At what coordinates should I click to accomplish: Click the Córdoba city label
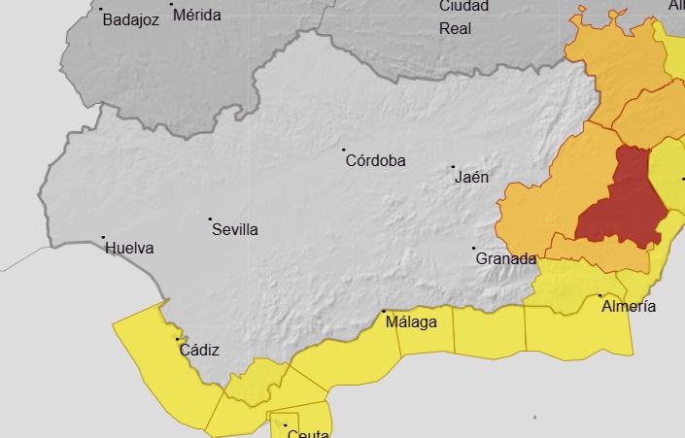click(376, 161)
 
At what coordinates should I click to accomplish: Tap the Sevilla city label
click(235, 230)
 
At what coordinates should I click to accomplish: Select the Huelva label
click(129, 248)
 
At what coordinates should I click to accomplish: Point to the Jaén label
click(471, 178)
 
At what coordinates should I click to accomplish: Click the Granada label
click(505, 259)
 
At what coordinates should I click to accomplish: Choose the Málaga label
click(411, 322)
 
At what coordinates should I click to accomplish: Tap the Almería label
click(629, 307)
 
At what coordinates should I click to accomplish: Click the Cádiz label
click(199, 351)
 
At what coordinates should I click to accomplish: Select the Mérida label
click(199, 15)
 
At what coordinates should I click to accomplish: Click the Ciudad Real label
click(456, 17)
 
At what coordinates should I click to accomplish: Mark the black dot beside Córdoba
click(344, 151)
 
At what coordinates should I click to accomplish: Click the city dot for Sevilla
click(211, 219)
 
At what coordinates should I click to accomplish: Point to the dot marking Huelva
click(104, 237)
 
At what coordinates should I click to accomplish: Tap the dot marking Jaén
click(454, 167)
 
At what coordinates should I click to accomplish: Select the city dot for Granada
click(474, 249)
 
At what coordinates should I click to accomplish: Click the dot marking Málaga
click(384, 312)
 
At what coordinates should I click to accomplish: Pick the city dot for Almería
click(600, 295)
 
